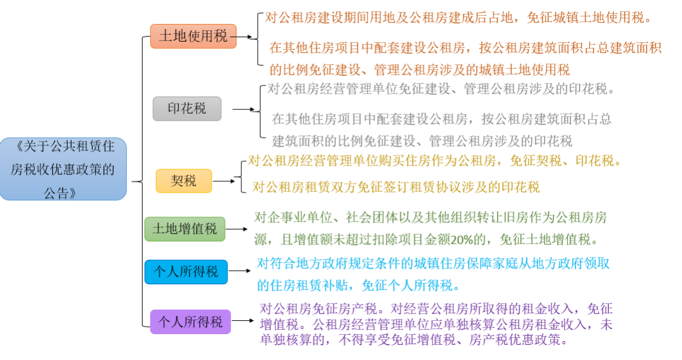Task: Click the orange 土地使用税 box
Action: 193,36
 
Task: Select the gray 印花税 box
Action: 187,109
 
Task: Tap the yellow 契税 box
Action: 184,181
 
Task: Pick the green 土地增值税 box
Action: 184,229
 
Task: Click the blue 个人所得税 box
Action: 186,272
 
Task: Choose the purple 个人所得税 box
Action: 190,321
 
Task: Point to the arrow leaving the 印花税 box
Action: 242,109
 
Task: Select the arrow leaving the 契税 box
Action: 224,181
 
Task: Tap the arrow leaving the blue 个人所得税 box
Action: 240,272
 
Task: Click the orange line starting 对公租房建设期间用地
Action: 457,18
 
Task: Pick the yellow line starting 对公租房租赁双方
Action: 396,187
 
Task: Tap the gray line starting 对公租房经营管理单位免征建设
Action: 441,89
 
